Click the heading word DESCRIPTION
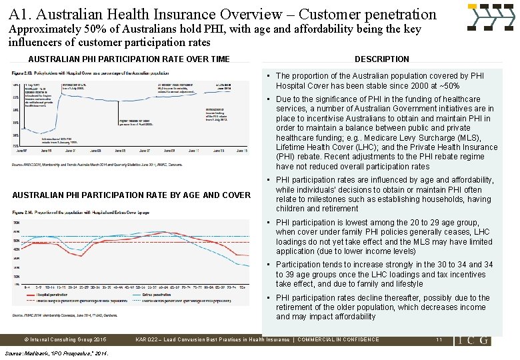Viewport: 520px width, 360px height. click(x=381, y=59)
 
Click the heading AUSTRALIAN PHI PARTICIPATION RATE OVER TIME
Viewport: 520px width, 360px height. click(x=129, y=59)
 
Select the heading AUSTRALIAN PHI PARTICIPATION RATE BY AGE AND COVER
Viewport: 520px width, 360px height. click(x=131, y=195)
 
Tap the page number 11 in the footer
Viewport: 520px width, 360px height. click(x=439, y=339)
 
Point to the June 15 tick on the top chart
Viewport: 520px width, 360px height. click(x=241, y=151)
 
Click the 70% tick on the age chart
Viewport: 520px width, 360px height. click(x=16, y=223)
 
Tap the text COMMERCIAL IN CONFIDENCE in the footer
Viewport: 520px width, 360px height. click(x=338, y=339)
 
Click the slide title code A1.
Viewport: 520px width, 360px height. click(x=20, y=14)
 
